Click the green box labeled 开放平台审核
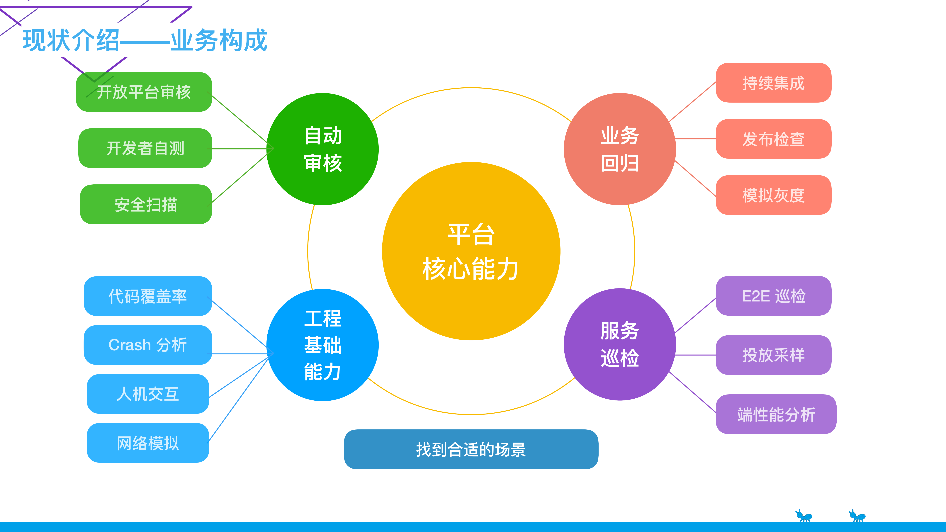tap(144, 92)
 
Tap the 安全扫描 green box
tap(146, 205)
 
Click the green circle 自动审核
tap(322, 149)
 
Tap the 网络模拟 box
tap(148, 443)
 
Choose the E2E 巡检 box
tap(773, 296)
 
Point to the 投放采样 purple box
tap(773, 355)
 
